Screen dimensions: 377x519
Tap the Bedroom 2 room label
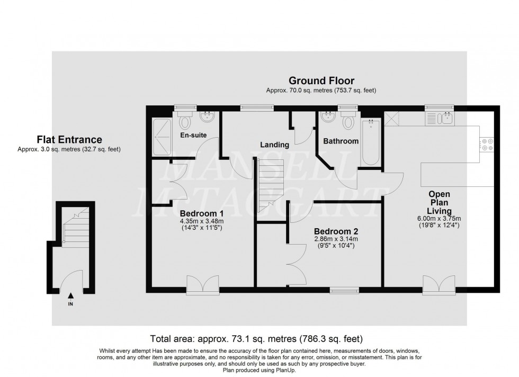point(336,231)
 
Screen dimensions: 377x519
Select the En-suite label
point(194,136)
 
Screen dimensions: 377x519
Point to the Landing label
point(274,145)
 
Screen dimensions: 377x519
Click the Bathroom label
point(341,141)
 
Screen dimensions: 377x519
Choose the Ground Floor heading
point(321,81)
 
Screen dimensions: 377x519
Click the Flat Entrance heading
point(69,140)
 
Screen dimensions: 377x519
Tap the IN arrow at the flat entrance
point(70,298)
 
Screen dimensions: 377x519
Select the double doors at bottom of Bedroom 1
point(203,284)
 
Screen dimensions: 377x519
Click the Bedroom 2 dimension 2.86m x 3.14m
point(336,239)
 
